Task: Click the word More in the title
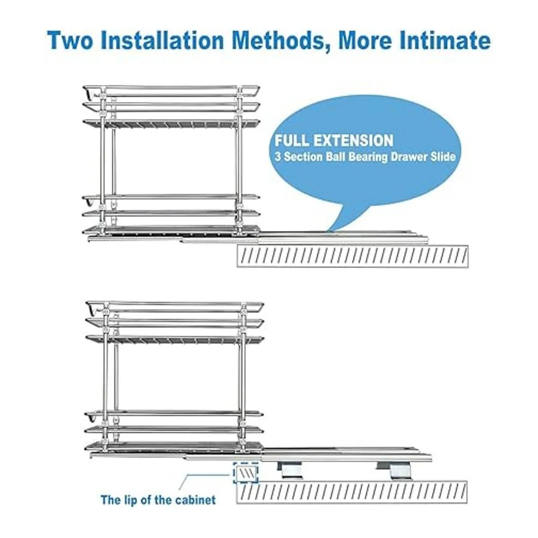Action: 364,41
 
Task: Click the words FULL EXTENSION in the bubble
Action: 334,140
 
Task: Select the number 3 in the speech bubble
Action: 278,157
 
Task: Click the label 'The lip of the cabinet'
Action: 158,499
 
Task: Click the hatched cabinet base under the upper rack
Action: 352,256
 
